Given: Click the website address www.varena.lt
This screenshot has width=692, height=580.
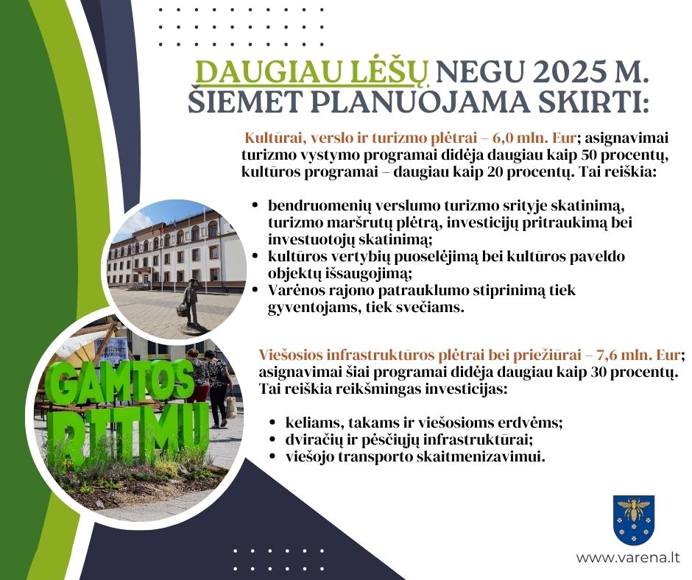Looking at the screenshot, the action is (627, 557).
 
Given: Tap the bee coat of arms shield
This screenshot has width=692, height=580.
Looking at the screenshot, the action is (634, 520).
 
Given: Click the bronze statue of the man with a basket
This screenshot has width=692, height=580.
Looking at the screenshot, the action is (191, 303).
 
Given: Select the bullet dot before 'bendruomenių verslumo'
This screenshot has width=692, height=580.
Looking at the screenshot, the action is (255, 205).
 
